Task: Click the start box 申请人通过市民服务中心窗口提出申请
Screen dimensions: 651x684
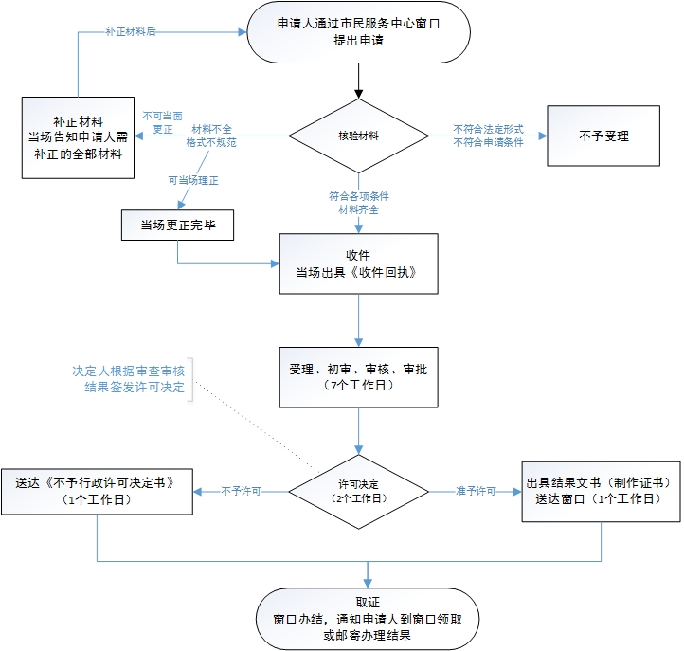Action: pyautogui.click(x=358, y=34)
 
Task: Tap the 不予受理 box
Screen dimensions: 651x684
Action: pyautogui.click(x=603, y=136)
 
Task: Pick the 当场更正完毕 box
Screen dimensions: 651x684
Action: pyautogui.click(x=178, y=225)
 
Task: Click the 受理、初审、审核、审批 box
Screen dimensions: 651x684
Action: pyautogui.click(x=358, y=377)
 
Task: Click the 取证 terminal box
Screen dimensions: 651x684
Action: pyautogui.click(x=367, y=617)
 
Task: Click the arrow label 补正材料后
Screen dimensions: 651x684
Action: pyautogui.click(x=132, y=32)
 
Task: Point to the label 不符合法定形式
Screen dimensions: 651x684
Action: pyautogui.click(x=488, y=129)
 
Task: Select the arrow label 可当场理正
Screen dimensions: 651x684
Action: pyautogui.click(x=193, y=180)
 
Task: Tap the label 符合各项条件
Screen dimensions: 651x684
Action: pyautogui.click(x=359, y=196)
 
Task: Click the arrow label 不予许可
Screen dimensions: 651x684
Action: pyautogui.click(x=242, y=492)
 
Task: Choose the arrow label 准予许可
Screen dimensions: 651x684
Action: pyautogui.click(x=476, y=492)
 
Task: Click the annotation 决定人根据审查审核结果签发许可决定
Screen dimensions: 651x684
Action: pyautogui.click(x=128, y=379)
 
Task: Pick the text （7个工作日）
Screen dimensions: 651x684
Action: pyautogui.click(x=358, y=387)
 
